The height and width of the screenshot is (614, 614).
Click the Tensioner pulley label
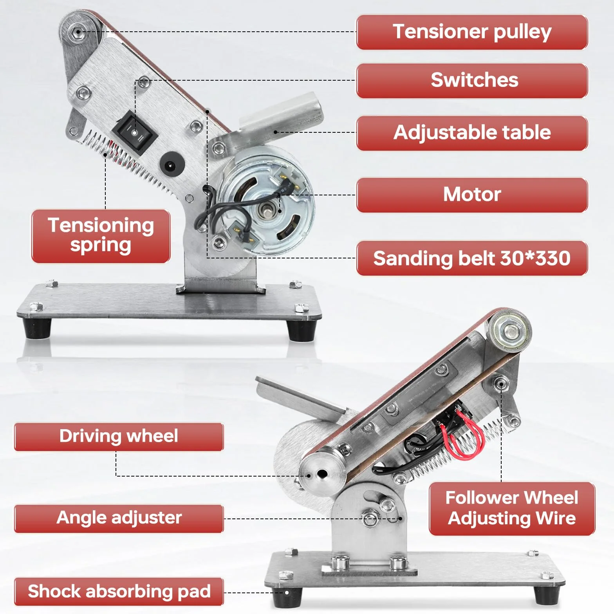(472, 32)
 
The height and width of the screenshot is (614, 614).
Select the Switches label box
(472, 81)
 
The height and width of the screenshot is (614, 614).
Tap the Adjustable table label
(472, 133)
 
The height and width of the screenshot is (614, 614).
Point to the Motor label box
(472, 195)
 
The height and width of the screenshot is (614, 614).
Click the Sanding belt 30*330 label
(472, 258)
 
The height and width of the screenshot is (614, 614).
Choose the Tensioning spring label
(101, 236)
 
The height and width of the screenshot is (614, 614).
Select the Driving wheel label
(119, 437)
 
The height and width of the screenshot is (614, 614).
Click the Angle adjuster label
(119, 518)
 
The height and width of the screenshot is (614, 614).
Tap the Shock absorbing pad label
(119, 591)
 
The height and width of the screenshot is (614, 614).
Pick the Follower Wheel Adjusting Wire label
(512, 508)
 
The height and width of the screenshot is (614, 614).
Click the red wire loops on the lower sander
(463, 435)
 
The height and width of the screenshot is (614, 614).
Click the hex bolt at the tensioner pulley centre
(78, 32)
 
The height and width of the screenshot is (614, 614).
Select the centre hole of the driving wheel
(322, 475)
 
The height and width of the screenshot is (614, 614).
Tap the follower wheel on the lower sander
(509, 331)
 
